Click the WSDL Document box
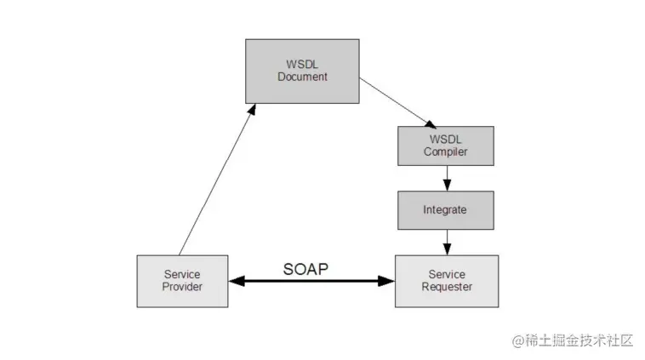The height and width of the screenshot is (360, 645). click(x=302, y=71)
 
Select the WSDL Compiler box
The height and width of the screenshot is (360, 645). click(x=446, y=146)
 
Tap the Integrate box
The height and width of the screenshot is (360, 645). click(x=445, y=209)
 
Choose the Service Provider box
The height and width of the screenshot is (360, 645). click(x=182, y=281)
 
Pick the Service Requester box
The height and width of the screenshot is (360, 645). click(x=447, y=280)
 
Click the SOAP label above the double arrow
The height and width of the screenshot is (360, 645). click(x=305, y=268)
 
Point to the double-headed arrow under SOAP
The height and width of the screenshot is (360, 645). click(x=311, y=281)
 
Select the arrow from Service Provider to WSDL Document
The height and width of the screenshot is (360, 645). click(x=213, y=183)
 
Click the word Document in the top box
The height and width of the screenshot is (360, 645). click(x=302, y=77)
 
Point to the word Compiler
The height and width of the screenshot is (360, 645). click(x=446, y=152)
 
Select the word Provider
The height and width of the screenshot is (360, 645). click(x=182, y=288)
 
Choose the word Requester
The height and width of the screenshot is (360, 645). click(x=447, y=287)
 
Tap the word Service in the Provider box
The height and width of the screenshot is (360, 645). click(x=182, y=274)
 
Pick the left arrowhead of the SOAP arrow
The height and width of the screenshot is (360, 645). click(x=234, y=281)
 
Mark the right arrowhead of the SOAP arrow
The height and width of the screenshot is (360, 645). click(x=388, y=281)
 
